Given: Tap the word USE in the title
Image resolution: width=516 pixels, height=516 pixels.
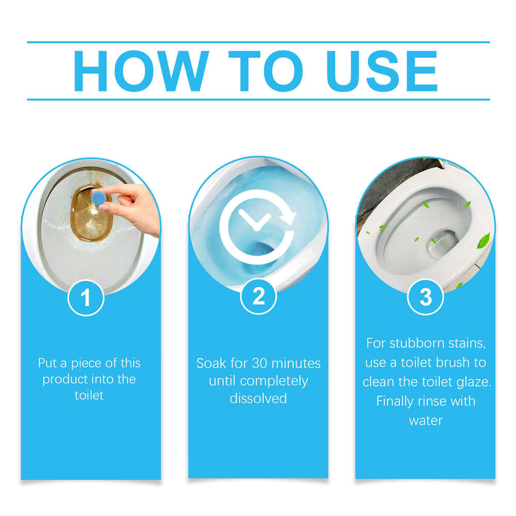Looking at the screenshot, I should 382,71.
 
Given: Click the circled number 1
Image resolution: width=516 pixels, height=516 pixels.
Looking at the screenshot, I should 86,297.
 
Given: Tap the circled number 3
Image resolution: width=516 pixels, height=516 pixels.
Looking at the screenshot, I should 425,297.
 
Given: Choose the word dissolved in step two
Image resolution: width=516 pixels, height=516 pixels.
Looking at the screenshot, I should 258,398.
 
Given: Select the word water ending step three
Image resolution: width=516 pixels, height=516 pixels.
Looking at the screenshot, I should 426,420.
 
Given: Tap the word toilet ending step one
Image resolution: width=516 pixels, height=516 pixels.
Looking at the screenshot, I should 89,395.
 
